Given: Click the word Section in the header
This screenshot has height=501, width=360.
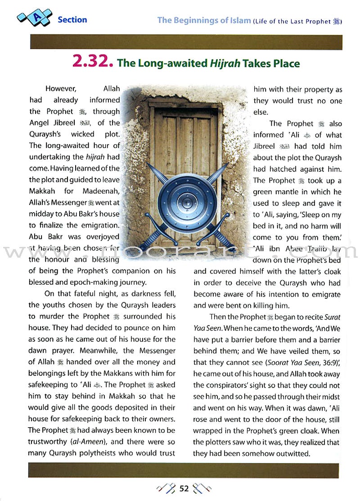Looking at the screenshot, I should point(72,20).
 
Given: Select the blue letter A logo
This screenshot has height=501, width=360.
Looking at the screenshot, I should point(34,18).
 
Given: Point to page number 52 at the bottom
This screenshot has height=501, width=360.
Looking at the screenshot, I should point(184,489).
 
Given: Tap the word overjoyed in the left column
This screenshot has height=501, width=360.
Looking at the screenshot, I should point(101,236).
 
